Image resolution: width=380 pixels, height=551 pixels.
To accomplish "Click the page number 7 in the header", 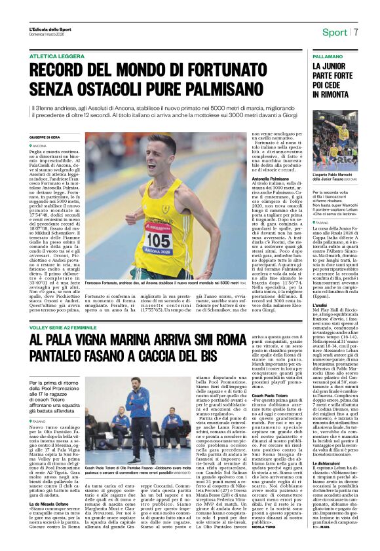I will (356, 32).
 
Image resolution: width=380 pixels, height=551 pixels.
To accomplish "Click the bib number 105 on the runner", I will (157, 240).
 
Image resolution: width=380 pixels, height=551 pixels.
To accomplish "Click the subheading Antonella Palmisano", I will (270, 178).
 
